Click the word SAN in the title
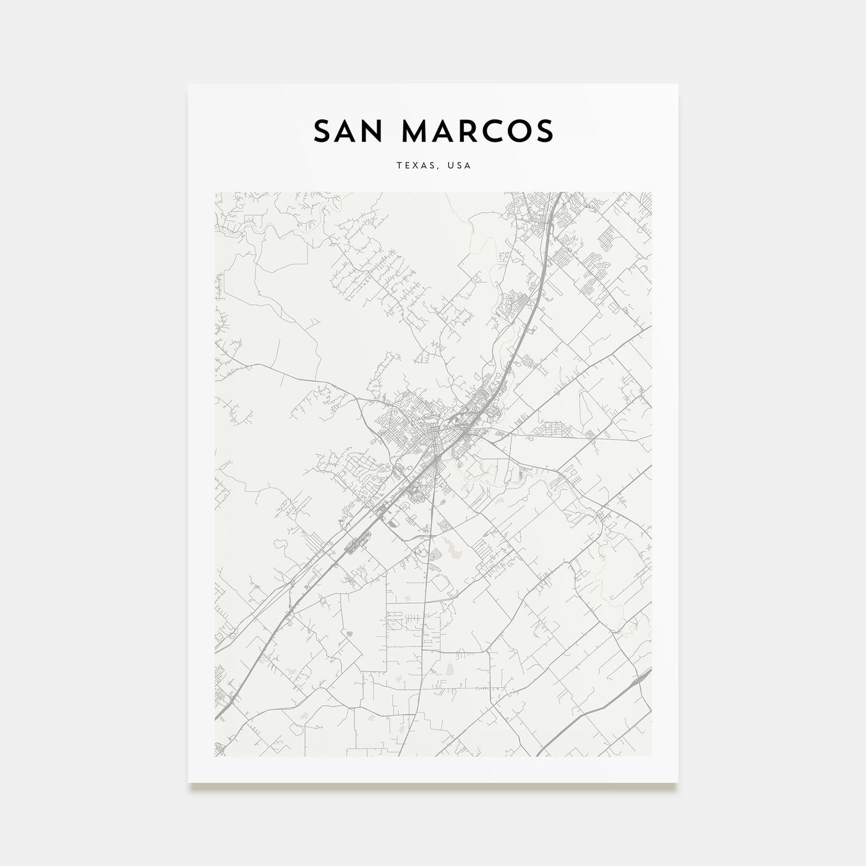pyautogui.click(x=348, y=131)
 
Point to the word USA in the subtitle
pyautogui.click(x=460, y=166)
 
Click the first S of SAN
pyautogui.click(x=322, y=131)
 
